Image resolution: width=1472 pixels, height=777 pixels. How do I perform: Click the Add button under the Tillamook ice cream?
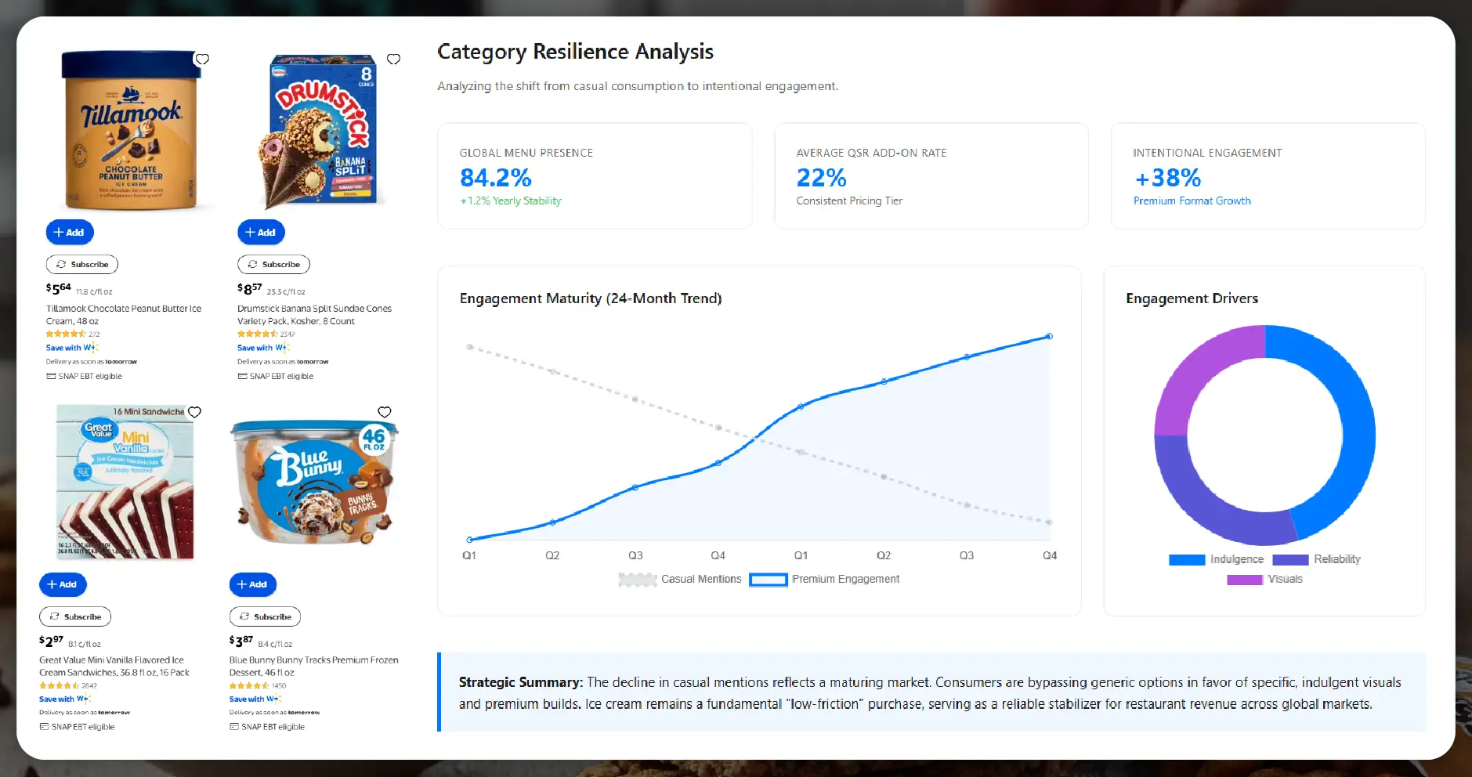point(70,232)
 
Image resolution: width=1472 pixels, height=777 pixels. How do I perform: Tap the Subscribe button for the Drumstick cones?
point(273,264)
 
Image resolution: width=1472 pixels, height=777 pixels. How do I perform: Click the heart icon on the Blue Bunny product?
point(385,412)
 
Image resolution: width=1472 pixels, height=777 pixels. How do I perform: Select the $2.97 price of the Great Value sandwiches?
point(52,641)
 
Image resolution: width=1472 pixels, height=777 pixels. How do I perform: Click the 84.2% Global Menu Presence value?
point(495,178)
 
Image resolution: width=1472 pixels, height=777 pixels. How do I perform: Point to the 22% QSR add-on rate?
point(821,178)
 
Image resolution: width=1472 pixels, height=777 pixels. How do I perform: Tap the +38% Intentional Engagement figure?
point(1167,178)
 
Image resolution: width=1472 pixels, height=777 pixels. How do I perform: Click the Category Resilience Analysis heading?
point(575,52)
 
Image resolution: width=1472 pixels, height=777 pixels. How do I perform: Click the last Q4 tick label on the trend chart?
point(1049,555)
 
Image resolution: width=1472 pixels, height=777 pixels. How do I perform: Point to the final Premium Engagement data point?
point(1049,337)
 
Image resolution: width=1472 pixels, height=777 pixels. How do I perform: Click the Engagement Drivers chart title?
point(1192,298)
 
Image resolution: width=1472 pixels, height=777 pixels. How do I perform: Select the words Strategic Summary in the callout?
point(520,682)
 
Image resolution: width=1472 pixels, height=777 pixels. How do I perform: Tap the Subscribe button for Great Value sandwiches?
point(75,616)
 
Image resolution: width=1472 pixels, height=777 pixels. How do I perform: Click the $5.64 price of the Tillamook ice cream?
point(59,288)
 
